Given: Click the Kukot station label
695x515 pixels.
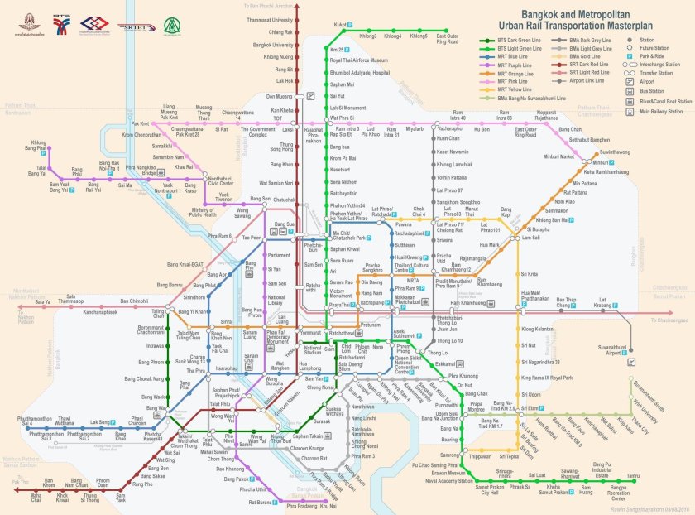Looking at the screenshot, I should (339, 25).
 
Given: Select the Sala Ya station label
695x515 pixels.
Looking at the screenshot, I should (41, 302).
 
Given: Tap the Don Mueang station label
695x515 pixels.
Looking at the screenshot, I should (278, 96).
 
